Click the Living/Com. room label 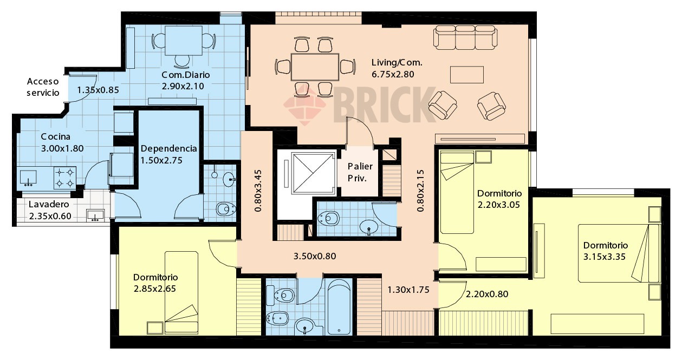coord(397,63)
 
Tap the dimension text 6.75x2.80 coord(393,74)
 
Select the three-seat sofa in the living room coord(465,37)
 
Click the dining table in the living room coord(315,67)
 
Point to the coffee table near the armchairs coord(467,75)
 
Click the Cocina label coord(55,136)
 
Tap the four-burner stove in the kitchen coord(65,178)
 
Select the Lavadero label coord(49,204)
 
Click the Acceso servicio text coord(43,87)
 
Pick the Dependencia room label coord(168,148)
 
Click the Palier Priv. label coord(360,172)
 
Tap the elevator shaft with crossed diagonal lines coord(313,173)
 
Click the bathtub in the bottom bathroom coord(339,307)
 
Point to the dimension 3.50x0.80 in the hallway coord(315,256)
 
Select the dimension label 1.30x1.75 coord(408,290)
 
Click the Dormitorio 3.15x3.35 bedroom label coord(605,251)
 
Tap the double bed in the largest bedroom coord(619,253)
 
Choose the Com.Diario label coord(185,75)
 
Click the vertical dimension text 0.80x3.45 coord(258,191)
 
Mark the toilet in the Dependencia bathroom coord(225,209)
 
